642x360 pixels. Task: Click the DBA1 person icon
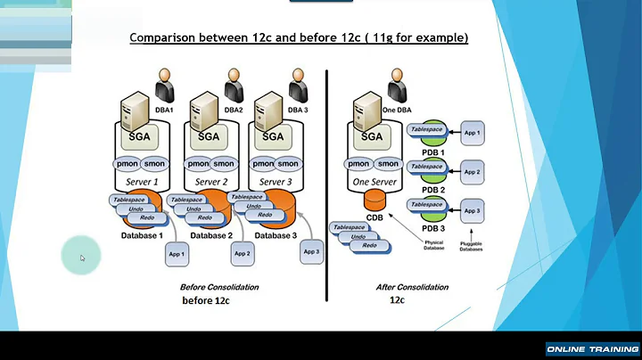coord(165,87)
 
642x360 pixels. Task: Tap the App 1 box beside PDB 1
coord(473,133)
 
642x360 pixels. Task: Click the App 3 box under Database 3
coord(311,251)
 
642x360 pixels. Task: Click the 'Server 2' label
coord(211,181)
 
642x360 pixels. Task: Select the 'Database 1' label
coord(142,235)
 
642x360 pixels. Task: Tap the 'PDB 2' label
coord(432,190)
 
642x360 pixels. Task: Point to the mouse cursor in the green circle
coord(82,258)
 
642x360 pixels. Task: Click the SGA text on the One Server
coord(373,136)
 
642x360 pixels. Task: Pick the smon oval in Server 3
coord(288,164)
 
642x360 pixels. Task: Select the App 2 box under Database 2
coord(242,253)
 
